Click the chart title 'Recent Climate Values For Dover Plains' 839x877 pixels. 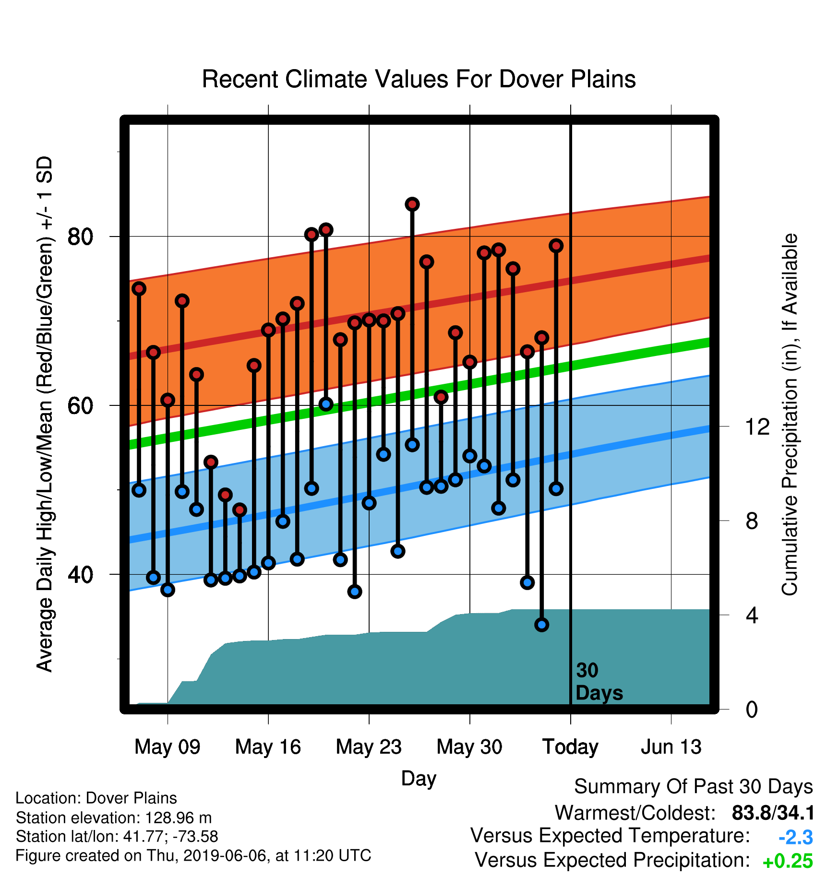coord(419,79)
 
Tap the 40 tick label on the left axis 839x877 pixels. coord(80,574)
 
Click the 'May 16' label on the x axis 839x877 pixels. coord(268,747)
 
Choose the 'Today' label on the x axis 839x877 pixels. coord(570,747)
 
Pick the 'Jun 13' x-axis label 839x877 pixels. coord(671,747)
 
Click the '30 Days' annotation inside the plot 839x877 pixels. coord(599,682)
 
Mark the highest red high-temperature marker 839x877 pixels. coord(412,204)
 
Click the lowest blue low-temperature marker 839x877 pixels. coord(542,625)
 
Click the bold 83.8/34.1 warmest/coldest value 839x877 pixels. coord(773,813)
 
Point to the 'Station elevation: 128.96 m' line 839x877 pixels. coord(114,818)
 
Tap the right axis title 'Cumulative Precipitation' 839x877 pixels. coord(790,415)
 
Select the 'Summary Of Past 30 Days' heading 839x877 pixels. coord(694,787)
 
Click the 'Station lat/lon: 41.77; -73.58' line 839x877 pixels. coord(117,837)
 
